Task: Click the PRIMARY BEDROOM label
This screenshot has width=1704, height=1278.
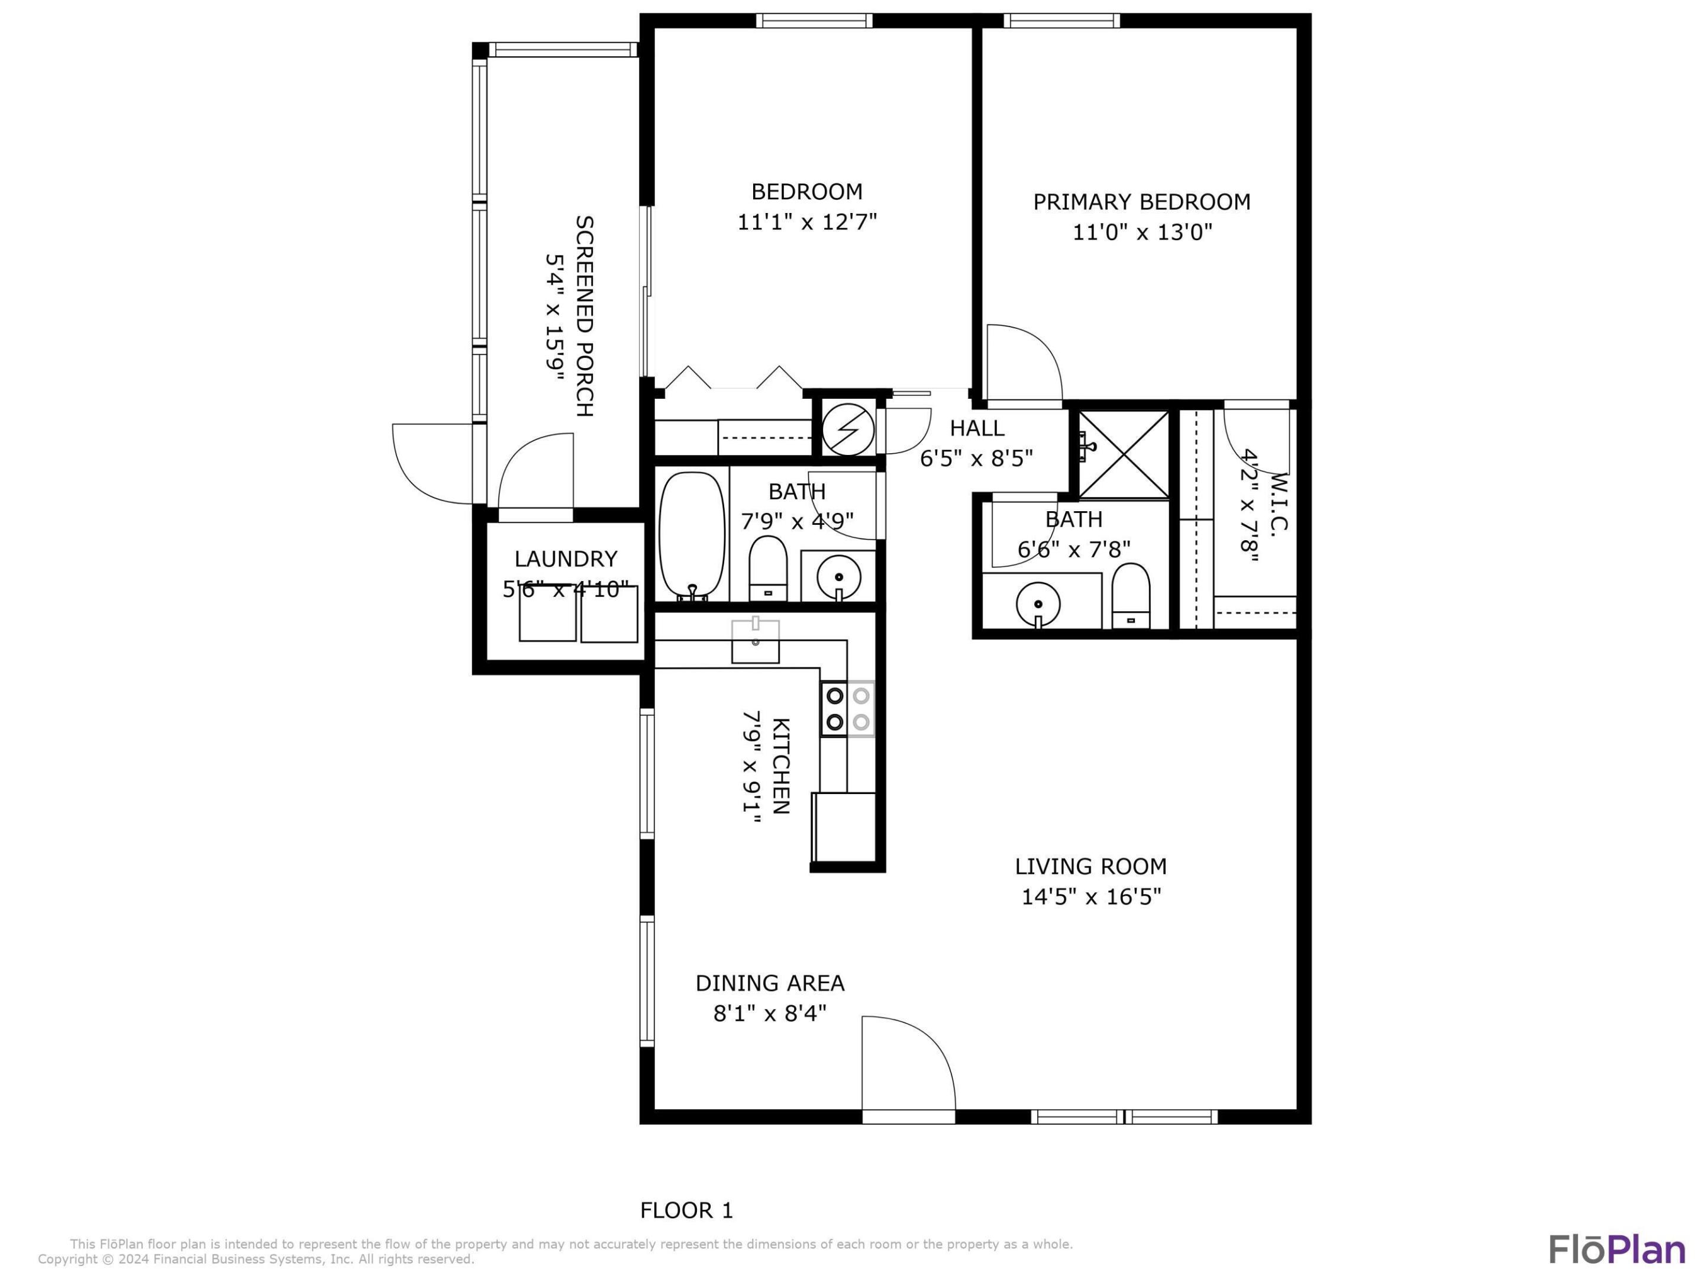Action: pos(1142,202)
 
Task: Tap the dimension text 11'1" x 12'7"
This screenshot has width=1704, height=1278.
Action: pos(807,222)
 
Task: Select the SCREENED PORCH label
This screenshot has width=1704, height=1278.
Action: pos(585,316)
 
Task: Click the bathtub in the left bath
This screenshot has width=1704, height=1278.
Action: pos(692,536)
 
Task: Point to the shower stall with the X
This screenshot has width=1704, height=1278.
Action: pos(1124,454)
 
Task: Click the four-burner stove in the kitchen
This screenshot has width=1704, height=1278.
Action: pos(847,709)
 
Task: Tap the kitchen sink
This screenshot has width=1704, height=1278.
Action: pos(755,641)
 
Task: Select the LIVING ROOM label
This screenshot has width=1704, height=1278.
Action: pos(1091,867)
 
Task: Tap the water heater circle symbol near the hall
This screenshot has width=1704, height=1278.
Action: pos(848,429)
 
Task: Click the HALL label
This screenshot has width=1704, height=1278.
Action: pos(977,428)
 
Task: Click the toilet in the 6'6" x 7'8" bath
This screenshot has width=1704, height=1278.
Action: pos(1131,595)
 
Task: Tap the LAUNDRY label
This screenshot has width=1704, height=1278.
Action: pos(566,559)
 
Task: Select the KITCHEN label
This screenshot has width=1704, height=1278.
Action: pos(780,766)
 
